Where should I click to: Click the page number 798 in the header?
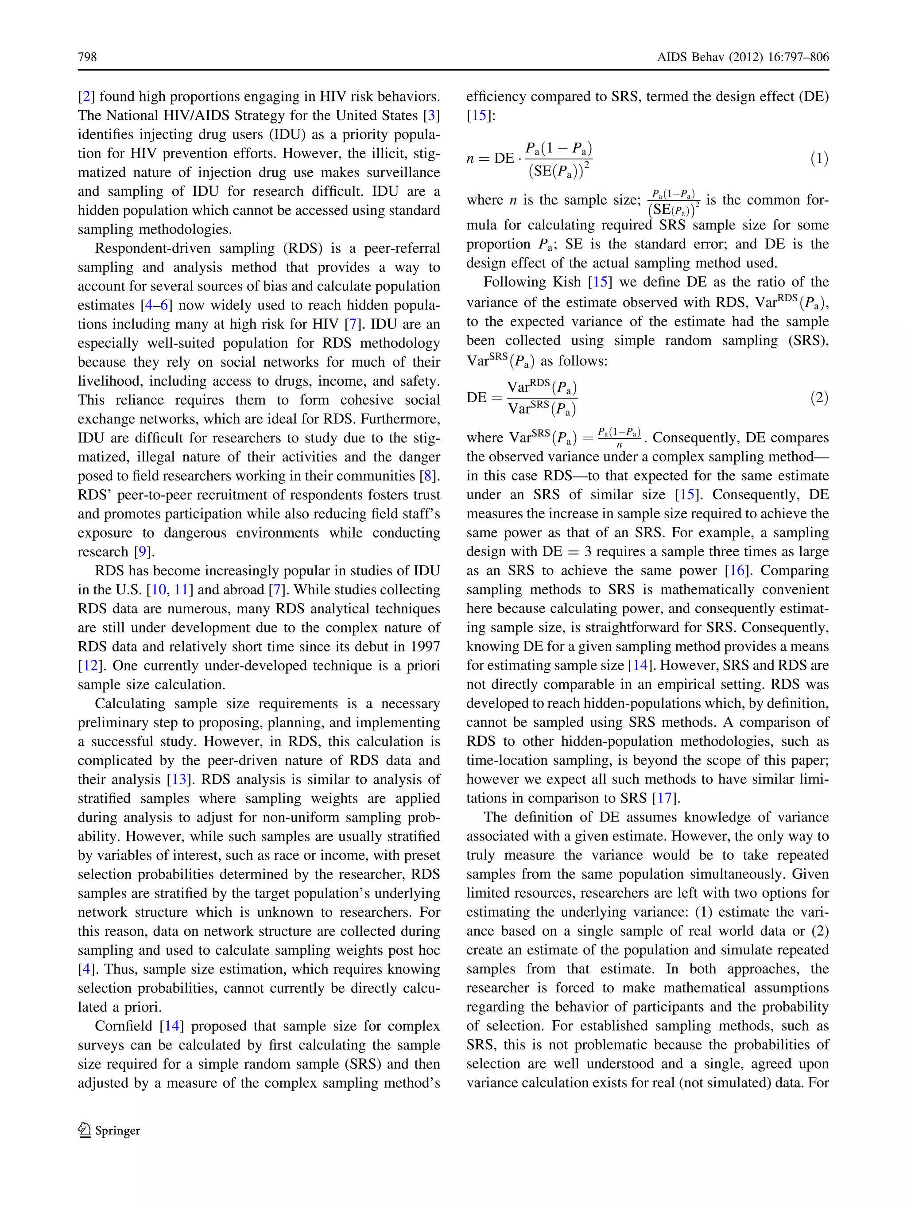[x=87, y=57]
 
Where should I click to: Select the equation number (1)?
[x=819, y=159]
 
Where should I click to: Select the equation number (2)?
[x=819, y=397]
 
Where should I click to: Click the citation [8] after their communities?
[x=429, y=476]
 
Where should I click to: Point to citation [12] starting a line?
[x=88, y=666]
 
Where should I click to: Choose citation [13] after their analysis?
[x=179, y=779]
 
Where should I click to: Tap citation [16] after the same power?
[x=737, y=571]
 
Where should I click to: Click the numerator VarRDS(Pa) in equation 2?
[x=542, y=387]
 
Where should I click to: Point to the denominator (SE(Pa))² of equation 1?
[x=559, y=171]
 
